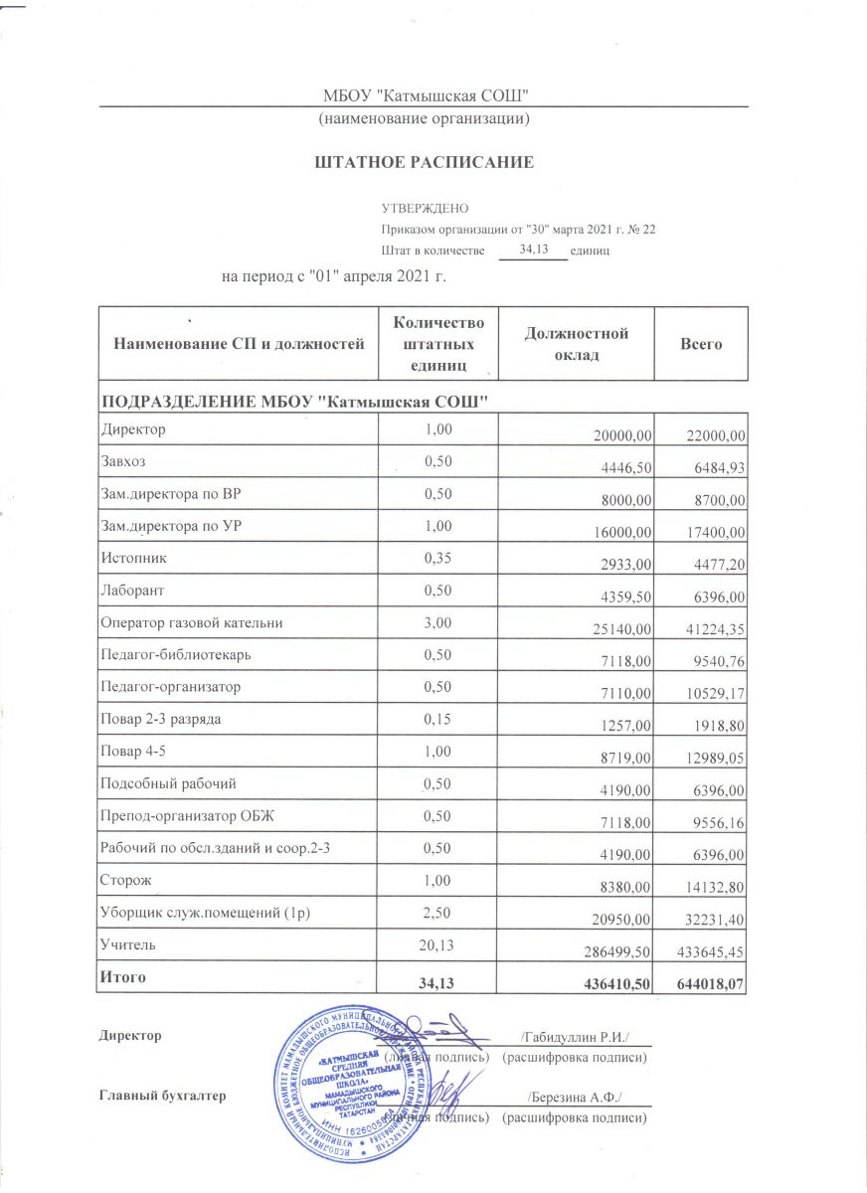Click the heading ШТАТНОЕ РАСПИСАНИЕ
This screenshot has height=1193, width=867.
pos(425,162)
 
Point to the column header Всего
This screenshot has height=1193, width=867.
pos(700,345)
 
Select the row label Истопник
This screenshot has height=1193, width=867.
pos(132,558)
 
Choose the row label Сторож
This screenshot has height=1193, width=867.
pos(125,879)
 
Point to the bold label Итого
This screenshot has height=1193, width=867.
pos(121,977)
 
